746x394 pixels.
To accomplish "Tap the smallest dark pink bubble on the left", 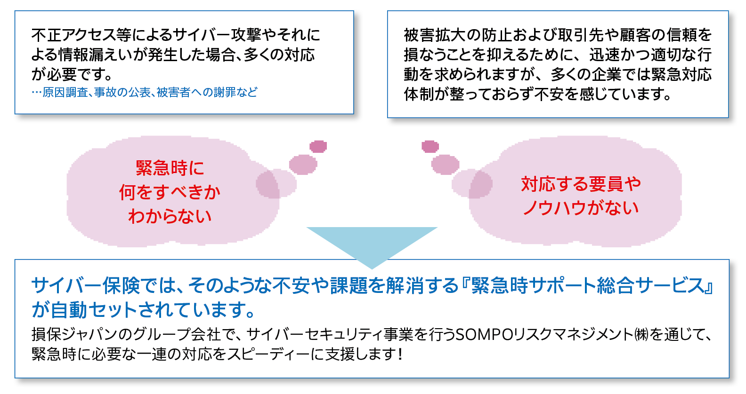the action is [318, 146].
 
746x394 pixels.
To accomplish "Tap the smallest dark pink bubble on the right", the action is [430, 146].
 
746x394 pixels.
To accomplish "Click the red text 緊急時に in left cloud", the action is [170, 168].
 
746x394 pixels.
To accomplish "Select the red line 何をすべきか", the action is [170, 192].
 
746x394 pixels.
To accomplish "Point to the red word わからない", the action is [170, 216].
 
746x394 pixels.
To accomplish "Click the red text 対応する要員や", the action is [581, 184].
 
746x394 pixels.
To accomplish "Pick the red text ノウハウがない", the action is [581, 208].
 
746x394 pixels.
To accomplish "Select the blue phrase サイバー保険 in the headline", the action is [86, 285].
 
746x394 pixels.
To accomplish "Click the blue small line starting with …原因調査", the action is [145, 92].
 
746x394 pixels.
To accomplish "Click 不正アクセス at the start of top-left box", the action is [73, 35].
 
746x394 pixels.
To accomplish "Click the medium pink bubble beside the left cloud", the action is [303, 164].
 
